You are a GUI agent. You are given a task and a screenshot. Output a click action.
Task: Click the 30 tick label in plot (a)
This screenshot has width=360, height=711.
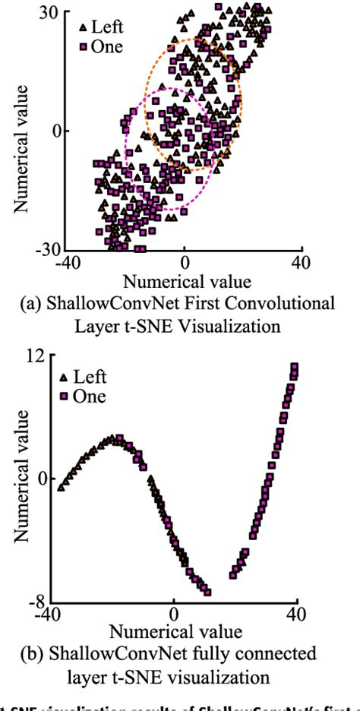(52, 12)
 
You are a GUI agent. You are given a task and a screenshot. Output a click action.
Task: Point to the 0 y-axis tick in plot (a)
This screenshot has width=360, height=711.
(55, 131)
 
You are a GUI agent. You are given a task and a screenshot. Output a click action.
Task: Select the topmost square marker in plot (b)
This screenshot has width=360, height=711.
(294, 368)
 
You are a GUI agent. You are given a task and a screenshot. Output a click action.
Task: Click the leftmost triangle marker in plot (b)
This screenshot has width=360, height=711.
(61, 487)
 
